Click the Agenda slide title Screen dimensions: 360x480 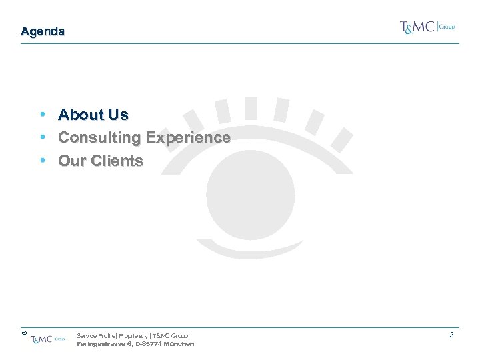(43, 31)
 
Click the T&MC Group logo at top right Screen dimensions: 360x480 (427, 27)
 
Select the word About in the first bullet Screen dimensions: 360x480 (81, 115)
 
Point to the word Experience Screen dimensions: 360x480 (188, 138)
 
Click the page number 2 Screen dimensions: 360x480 (451, 335)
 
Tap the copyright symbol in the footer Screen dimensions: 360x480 (23, 331)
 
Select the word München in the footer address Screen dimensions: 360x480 (179, 344)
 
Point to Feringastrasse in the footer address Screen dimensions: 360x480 (100, 344)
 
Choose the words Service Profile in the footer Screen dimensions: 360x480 (96, 336)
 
